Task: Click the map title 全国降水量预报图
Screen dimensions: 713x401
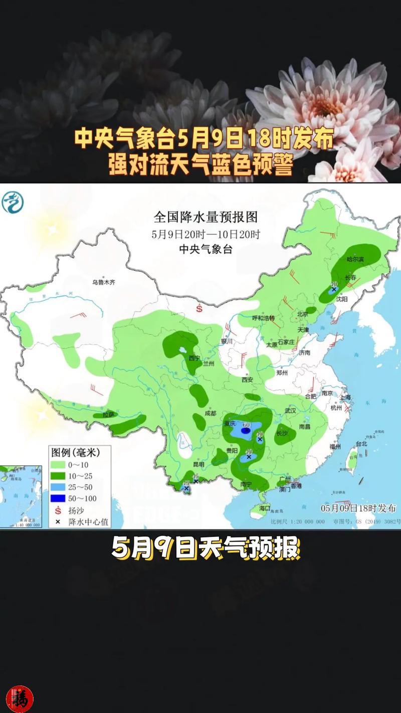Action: [206, 217]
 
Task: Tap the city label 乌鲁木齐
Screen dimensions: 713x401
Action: [103, 283]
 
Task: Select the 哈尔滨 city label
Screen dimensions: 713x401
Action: [355, 259]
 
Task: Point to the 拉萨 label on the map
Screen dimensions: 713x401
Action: [109, 415]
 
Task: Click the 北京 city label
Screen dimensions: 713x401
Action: [302, 314]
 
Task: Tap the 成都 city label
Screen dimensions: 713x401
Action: [211, 413]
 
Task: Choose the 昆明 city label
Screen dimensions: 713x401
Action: [198, 464]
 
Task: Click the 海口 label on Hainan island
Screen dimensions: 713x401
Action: [265, 508]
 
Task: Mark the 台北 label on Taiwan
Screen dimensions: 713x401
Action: [361, 444]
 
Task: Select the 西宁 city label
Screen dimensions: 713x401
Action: [194, 358]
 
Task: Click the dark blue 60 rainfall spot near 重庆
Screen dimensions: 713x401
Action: [246, 430]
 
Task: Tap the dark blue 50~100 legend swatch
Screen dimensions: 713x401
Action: [58, 498]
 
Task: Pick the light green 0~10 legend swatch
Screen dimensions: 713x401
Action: [58, 464]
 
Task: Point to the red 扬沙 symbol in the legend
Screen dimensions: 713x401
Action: [58, 510]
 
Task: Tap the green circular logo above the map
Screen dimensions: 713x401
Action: [13, 202]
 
